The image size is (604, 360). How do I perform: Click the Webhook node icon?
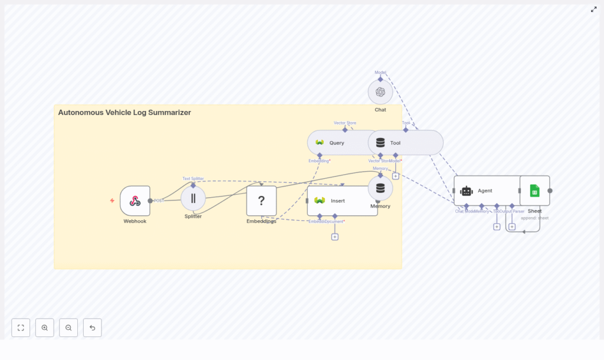tap(135, 201)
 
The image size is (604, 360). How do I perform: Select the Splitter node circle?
tap(193, 198)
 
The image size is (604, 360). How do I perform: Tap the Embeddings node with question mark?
tap(261, 201)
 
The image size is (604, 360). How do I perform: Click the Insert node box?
tap(342, 201)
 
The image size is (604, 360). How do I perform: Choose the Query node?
tap(336, 143)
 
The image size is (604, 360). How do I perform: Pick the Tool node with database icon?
tap(380, 143)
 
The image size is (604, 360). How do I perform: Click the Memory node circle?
tap(380, 188)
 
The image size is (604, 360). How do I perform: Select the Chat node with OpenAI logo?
tap(380, 92)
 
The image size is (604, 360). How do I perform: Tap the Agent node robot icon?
tap(467, 191)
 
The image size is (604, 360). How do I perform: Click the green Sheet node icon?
tap(534, 191)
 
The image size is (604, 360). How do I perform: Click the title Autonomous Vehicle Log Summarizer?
tap(124, 113)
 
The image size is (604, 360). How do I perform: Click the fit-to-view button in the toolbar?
tap(21, 328)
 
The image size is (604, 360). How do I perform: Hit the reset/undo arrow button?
tap(92, 328)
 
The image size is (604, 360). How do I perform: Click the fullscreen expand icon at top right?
tap(594, 9)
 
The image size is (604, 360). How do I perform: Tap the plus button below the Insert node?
tap(334, 237)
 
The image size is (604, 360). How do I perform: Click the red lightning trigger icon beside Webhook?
tap(112, 201)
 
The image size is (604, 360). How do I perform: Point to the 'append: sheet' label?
tap(534, 218)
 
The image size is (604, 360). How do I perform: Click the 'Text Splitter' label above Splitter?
tap(193, 178)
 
